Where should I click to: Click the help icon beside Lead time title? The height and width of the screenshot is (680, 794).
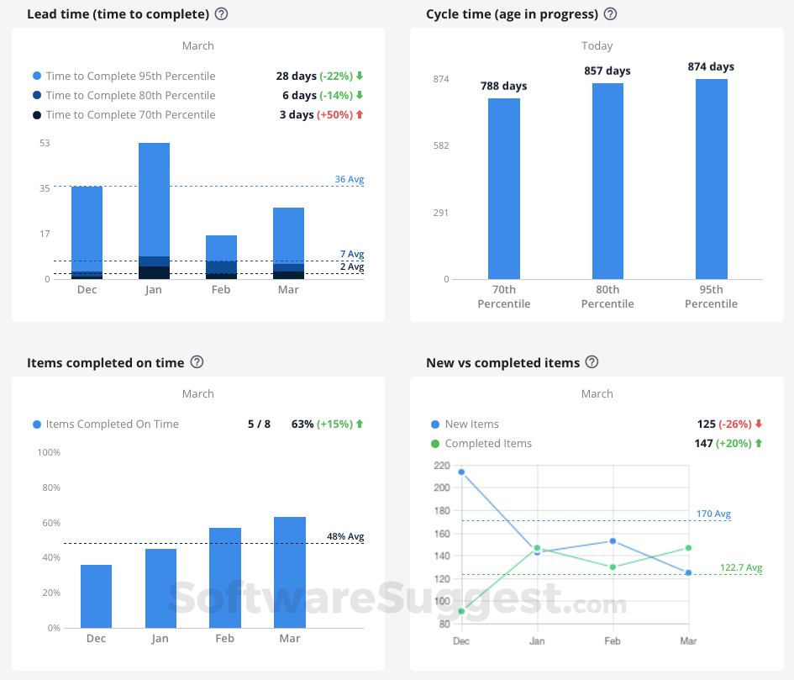222,14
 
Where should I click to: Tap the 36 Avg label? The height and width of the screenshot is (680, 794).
350,179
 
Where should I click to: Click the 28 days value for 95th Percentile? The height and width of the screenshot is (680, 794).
296,76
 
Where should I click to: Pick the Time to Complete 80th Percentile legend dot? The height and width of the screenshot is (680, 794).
37,96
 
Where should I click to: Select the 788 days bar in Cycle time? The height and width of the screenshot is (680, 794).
504,188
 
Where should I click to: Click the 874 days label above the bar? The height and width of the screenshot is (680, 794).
711,67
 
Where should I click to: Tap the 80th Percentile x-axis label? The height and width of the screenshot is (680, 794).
607,297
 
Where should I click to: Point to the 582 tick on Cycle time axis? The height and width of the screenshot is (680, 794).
441,145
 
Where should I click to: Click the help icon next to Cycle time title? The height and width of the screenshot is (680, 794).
611,14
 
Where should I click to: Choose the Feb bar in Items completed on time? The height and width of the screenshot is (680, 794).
225,577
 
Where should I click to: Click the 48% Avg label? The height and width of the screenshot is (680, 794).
345,536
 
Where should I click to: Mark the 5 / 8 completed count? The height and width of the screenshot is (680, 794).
259,424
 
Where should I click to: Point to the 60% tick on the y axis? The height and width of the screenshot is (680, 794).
50,523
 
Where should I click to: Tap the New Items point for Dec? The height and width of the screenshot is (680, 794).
461,472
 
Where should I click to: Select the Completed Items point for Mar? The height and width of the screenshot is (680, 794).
688,548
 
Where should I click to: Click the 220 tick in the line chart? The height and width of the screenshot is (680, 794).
441,465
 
